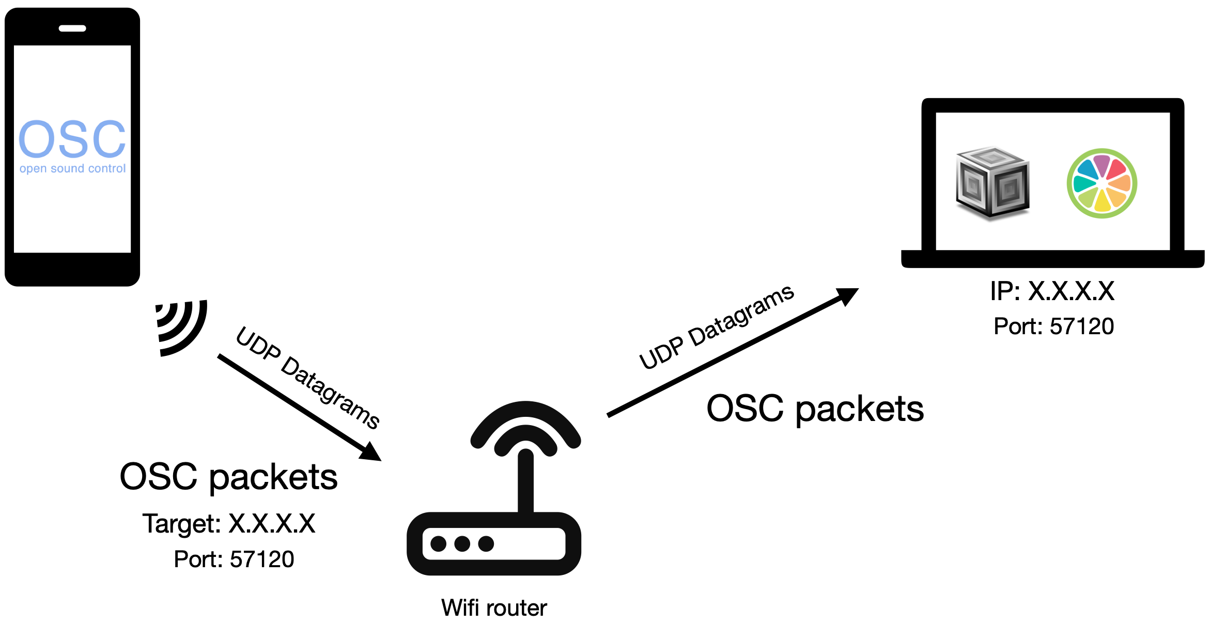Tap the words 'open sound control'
click(x=72, y=169)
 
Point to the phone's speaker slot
click(x=72, y=28)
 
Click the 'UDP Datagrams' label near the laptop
click(x=716, y=326)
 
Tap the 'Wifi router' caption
click(x=494, y=608)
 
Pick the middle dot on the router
click(x=462, y=544)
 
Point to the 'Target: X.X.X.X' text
click(x=229, y=524)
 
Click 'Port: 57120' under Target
click(x=234, y=559)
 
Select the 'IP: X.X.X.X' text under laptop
click(x=1052, y=291)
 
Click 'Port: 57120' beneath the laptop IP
click(x=1053, y=326)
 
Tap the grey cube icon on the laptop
click(x=992, y=183)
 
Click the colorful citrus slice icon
click(x=1101, y=183)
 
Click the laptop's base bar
click(x=1052, y=259)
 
